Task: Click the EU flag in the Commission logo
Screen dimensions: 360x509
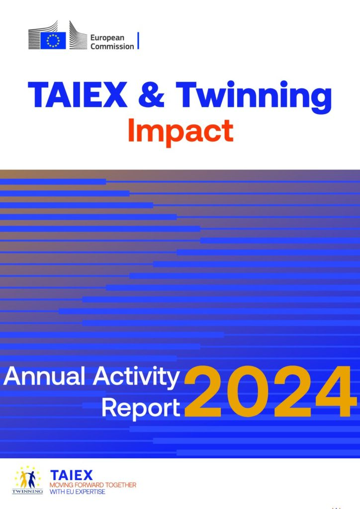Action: (53, 41)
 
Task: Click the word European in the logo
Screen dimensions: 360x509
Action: (107, 38)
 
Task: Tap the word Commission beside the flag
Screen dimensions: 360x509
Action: (112, 46)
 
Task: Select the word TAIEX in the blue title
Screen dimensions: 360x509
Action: (78, 94)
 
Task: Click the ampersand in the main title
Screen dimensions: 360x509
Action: (151, 94)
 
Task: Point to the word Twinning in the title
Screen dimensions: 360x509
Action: (254, 97)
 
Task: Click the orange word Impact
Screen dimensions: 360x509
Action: (181, 132)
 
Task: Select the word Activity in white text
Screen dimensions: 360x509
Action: (136, 378)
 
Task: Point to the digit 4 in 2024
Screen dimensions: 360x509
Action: (334, 392)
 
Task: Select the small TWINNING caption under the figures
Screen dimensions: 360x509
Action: (27, 492)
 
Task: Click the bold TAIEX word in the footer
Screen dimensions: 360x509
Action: (72, 476)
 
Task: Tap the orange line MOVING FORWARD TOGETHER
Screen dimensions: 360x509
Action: (93, 485)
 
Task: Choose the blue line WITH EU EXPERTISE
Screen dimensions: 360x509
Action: (77, 492)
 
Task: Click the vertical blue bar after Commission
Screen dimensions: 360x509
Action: (138, 41)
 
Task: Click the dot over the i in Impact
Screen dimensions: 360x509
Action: (132, 121)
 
